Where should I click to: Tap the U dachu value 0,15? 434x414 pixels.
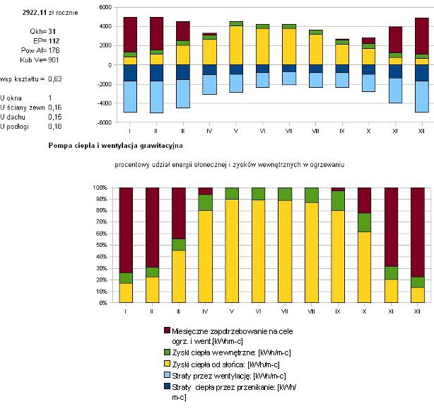pyautogui.click(x=54, y=116)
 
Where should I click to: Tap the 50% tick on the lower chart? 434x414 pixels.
pyautogui.click(x=98, y=246)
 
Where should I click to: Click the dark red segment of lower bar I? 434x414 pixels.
pyautogui.click(x=126, y=230)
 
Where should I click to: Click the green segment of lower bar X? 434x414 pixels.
pyautogui.click(x=364, y=222)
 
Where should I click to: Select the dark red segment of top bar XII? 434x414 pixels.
pyautogui.click(x=422, y=35)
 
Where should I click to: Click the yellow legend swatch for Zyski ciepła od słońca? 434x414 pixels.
pyautogui.click(x=168, y=363)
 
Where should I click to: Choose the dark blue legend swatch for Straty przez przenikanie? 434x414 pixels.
pyautogui.click(x=168, y=387)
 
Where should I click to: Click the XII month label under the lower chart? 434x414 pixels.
pyautogui.click(x=417, y=311)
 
